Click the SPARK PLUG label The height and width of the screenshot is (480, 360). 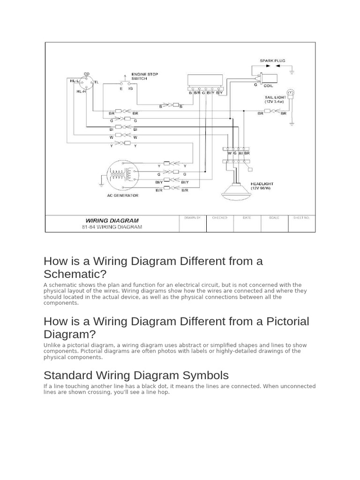(x=272, y=61)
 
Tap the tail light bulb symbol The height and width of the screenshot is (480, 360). (x=290, y=92)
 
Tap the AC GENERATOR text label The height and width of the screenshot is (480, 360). (x=123, y=195)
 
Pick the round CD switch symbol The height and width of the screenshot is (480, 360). (x=86, y=85)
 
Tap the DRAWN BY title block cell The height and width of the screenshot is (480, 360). (x=193, y=224)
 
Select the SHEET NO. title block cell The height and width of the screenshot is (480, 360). (x=301, y=224)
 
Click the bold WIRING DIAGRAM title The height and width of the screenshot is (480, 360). (x=112, y=220)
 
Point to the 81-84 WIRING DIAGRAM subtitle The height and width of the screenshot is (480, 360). (x=112, y=227)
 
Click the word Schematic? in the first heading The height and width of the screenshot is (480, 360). (x=75, y=274)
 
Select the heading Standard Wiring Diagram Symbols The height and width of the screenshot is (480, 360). (x=136, y=375)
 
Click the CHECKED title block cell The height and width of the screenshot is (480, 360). (x=219, y=224)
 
